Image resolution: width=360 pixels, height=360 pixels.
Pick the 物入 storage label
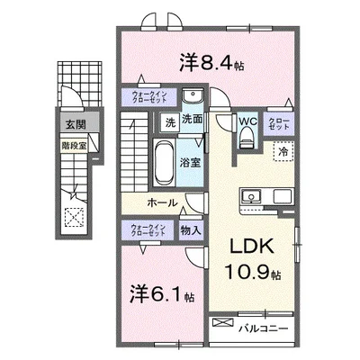point(191,229)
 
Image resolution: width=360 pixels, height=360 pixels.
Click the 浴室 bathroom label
point(190,164)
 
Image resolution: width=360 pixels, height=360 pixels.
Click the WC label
point(248,120)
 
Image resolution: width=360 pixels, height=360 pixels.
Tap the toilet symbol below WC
point(247,137)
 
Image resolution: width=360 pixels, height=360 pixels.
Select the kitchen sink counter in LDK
point(249,195)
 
